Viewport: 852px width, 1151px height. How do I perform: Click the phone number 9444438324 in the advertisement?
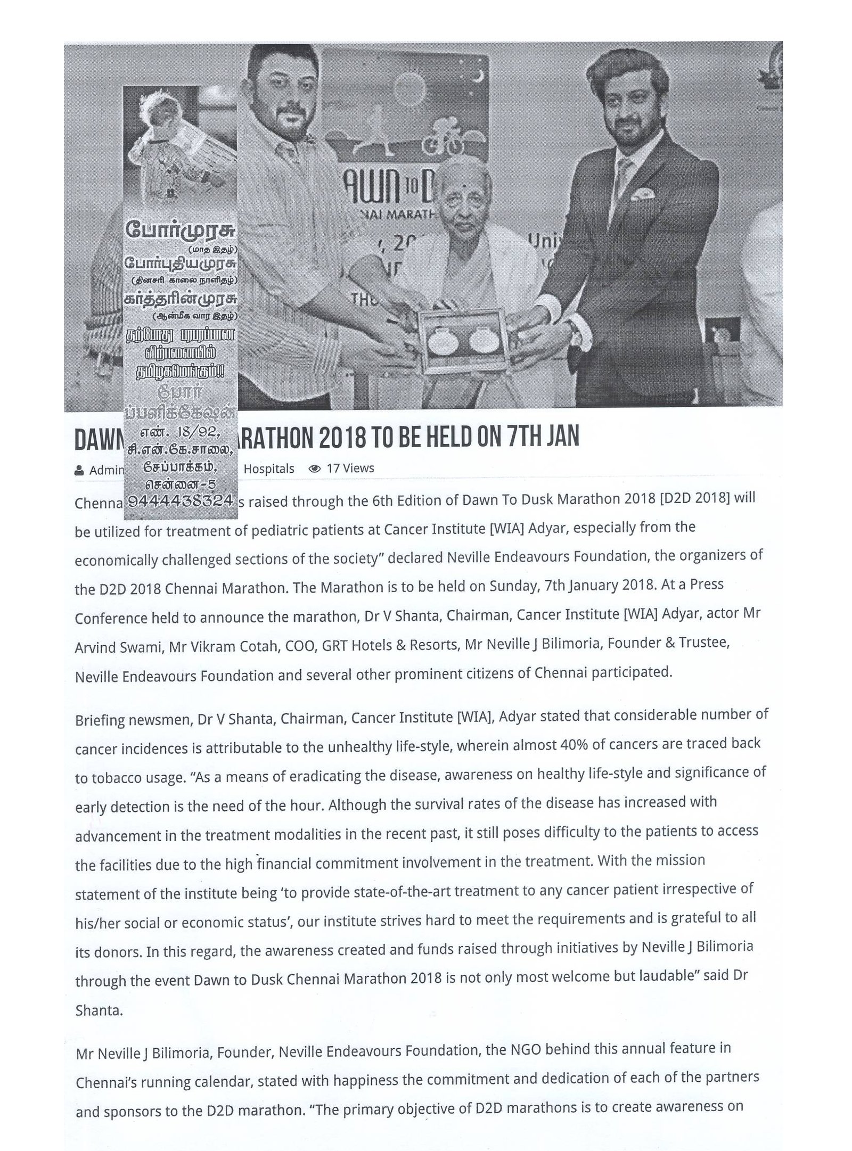181,501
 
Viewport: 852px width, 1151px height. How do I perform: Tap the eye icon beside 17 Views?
315,468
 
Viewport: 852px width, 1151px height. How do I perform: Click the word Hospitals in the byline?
268,468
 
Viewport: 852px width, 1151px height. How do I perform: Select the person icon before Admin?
79,471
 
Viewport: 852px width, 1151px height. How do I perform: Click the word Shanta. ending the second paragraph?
99,1011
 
